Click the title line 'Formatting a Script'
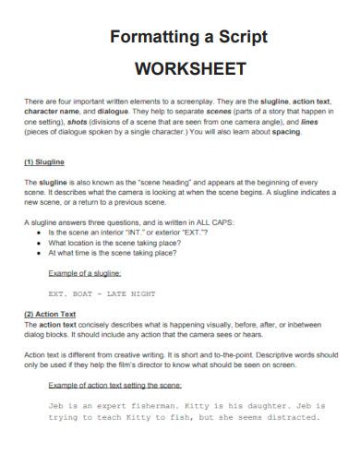(x=189, y=38)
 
